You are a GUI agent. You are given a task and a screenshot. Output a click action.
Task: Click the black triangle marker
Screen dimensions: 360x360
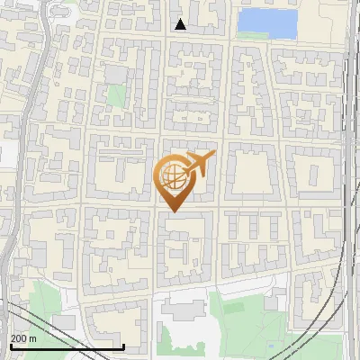pyautogui.click(x=181, y=24)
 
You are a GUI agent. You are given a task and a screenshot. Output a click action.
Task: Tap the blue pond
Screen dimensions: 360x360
pyautogui.click(x=267, y=22)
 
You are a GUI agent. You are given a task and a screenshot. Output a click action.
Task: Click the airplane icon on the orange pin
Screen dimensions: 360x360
pyautogui.click(x=200, y=166)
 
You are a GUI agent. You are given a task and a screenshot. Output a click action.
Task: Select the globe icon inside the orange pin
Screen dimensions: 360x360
pyautogui.click(x=171, y=176)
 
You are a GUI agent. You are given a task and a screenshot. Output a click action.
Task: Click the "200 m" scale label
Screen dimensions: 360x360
pyautogui.click(x=23, y=338)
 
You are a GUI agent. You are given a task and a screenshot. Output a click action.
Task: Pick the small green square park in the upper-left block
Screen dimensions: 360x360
pyautogui.click(x=115, y=94)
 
